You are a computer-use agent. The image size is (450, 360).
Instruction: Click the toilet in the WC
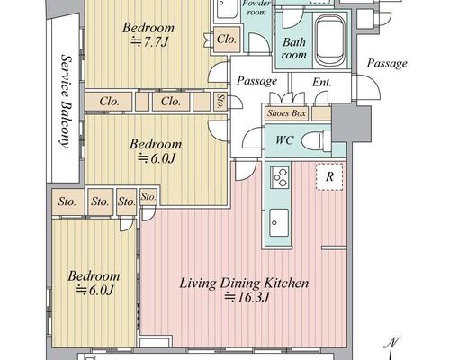coord(316,140)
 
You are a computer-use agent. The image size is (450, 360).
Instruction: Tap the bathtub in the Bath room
coord(330,40)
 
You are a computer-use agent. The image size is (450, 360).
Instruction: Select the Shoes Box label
coord(286,113)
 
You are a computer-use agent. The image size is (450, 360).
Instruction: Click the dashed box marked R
coord(329,177)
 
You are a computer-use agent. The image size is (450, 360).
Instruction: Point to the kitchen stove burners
coord(279,177)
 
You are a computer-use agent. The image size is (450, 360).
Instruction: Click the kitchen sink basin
coord(279,222)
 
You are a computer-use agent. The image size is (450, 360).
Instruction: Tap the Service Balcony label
coord(67,102)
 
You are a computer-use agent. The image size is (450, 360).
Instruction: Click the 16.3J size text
coord(247,297)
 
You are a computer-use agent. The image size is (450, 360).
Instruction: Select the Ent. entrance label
coord(321,82)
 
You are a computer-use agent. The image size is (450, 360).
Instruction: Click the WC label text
coord(284,140)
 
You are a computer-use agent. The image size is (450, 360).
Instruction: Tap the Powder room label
coord(256,8)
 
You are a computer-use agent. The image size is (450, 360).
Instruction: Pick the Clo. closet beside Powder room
coord(227,40)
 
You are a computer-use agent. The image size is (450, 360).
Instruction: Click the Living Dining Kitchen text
coord(244,283)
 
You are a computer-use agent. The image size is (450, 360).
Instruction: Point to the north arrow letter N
coord(393,343)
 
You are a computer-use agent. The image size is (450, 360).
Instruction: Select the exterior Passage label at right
coord(387,63)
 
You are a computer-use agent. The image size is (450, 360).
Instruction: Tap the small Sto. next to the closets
coord(220,101)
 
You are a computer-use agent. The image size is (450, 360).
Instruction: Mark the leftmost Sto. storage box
coord(67,202)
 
